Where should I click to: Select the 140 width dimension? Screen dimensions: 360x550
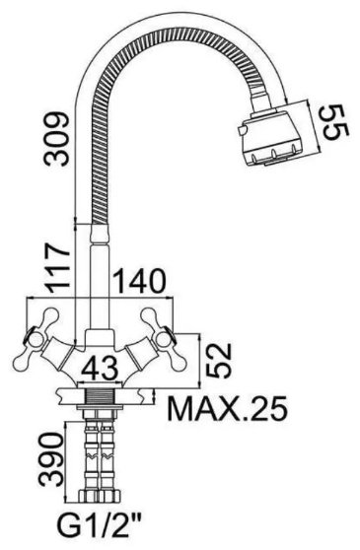140,281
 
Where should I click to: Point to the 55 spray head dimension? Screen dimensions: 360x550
334,122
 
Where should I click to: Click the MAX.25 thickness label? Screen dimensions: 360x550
228,409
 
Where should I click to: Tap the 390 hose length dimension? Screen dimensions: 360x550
51,460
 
